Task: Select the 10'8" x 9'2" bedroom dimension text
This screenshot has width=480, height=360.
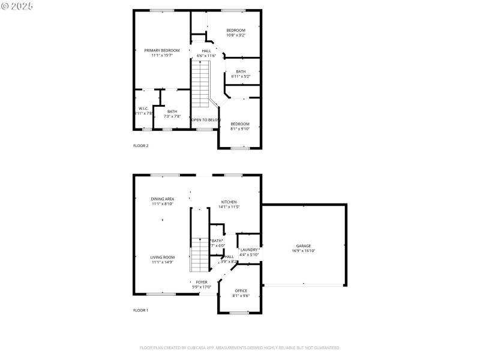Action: click(x=235, y=35)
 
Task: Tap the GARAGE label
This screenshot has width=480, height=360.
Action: click(x=303, y=245)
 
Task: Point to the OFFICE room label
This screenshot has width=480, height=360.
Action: click(x=241, y=290)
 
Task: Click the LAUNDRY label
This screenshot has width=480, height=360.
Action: click(x=249, y=250)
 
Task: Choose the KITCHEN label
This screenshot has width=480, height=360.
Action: click(x=229, y=202)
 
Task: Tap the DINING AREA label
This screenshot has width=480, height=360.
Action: click(x=162, y=199)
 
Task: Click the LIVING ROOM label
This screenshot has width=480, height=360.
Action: click(x=162, y=257)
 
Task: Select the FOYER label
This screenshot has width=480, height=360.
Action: click(x=202, y=281)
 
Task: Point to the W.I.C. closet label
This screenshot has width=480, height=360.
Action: click(x=143, y=109)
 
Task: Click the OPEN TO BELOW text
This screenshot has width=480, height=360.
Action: click(x=205, y=120)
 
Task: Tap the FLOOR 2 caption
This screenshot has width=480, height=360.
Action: click(x=140, y=146)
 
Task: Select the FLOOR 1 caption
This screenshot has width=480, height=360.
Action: click(x=140, y=310)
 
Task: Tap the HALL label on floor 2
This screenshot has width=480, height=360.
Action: click(x=206, y=51)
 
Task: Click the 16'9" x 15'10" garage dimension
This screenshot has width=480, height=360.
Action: click(x=303, y=251)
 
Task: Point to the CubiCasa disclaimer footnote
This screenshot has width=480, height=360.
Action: click(x=240, y=347)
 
